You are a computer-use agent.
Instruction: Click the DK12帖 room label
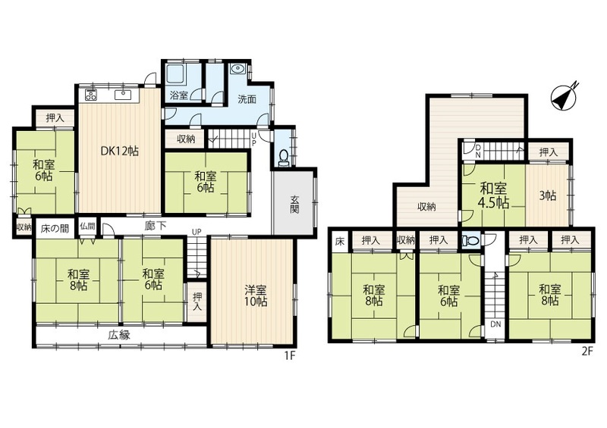click(x=120, y=152)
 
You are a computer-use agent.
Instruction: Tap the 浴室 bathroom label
click(x=179, y=95)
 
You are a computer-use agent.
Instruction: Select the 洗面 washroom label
click(x=247, y=99)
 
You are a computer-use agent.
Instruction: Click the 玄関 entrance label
click(x=295, y=205)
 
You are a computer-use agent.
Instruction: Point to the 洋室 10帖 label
click(x=256, y=295)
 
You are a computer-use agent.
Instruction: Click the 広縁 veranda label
click(x=119, y=335)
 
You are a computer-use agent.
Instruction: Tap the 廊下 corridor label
click(x=156, y=226)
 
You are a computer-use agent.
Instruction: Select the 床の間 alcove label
click(x=55, y=229)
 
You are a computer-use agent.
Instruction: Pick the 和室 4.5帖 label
click(x=495, y=195)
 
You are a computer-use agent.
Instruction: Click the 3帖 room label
click(x=548, y=196)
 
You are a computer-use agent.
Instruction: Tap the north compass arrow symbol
click(x=565, y=95)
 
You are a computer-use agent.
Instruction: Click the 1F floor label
click(x=290, y=355)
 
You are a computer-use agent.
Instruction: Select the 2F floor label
click(x=587, y=351)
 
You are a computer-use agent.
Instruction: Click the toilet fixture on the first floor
click(x=284, y=158)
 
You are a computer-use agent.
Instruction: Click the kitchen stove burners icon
click(x=91, y=95)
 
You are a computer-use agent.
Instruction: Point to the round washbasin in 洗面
click(x=237, y=69)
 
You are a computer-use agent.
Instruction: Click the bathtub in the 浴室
click(x=175, y=73)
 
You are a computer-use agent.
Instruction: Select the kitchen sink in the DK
click(x=124, y=95)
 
